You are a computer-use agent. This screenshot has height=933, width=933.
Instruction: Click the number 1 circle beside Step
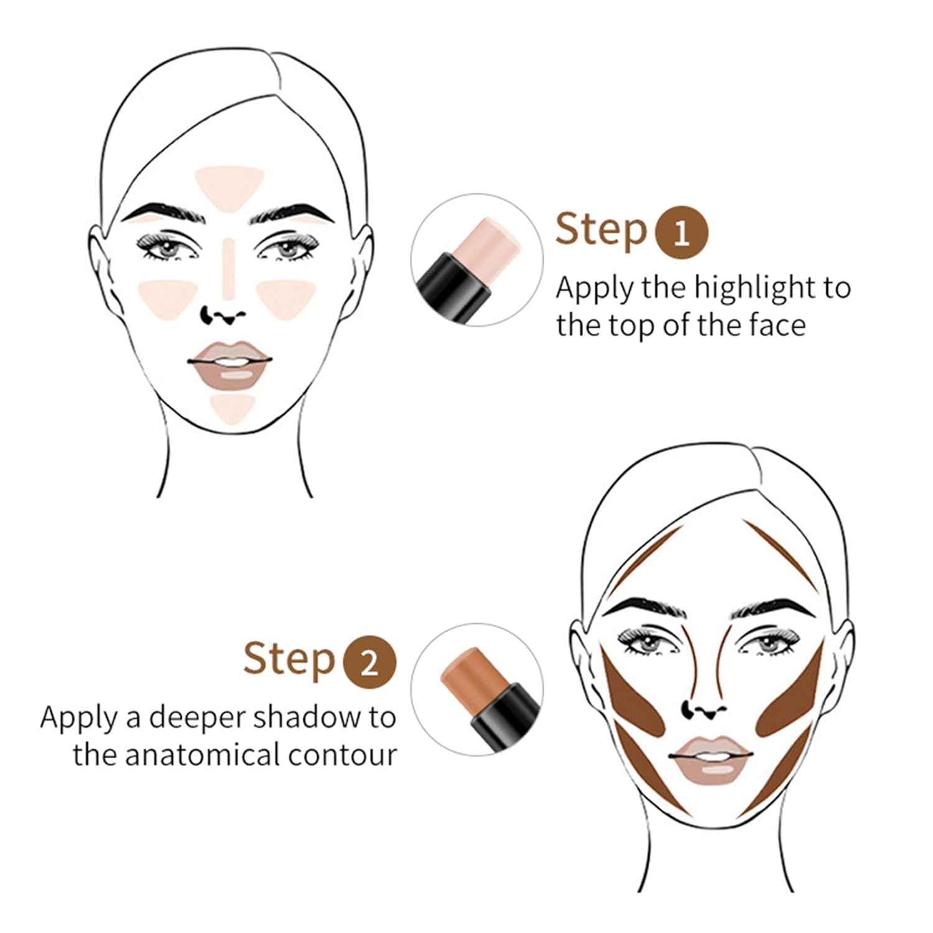click(x=682, y=233)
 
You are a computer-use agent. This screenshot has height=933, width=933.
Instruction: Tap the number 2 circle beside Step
click(x=369, y=663)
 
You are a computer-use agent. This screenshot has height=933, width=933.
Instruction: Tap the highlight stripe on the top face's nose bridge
click(x=229, y=267)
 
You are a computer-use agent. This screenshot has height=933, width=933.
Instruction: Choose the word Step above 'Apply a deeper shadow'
click(x=289, y=660)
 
